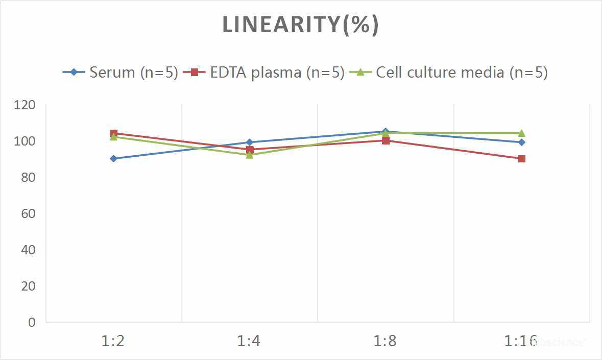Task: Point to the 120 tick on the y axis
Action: (x=25, y=105)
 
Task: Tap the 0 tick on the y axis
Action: (x=32, y=322)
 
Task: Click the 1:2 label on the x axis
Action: (x=113, y=341)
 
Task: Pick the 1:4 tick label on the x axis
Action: (x=249, y=341)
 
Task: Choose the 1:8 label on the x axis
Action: (x=386, y=341)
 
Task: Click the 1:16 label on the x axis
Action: (x=521, y=341)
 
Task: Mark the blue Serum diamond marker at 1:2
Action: (x=113, y=159)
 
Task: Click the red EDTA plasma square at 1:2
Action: (x=113, y=133)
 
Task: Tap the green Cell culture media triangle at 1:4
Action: (x=250, y=155)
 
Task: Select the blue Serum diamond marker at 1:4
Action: (x=250, y=142)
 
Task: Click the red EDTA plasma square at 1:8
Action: (x=386, y=141)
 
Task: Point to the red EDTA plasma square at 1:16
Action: (x=522, y=159)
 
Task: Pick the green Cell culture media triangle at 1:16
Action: (x=522, y=133)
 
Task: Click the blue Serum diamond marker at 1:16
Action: (x=522, y=142)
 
